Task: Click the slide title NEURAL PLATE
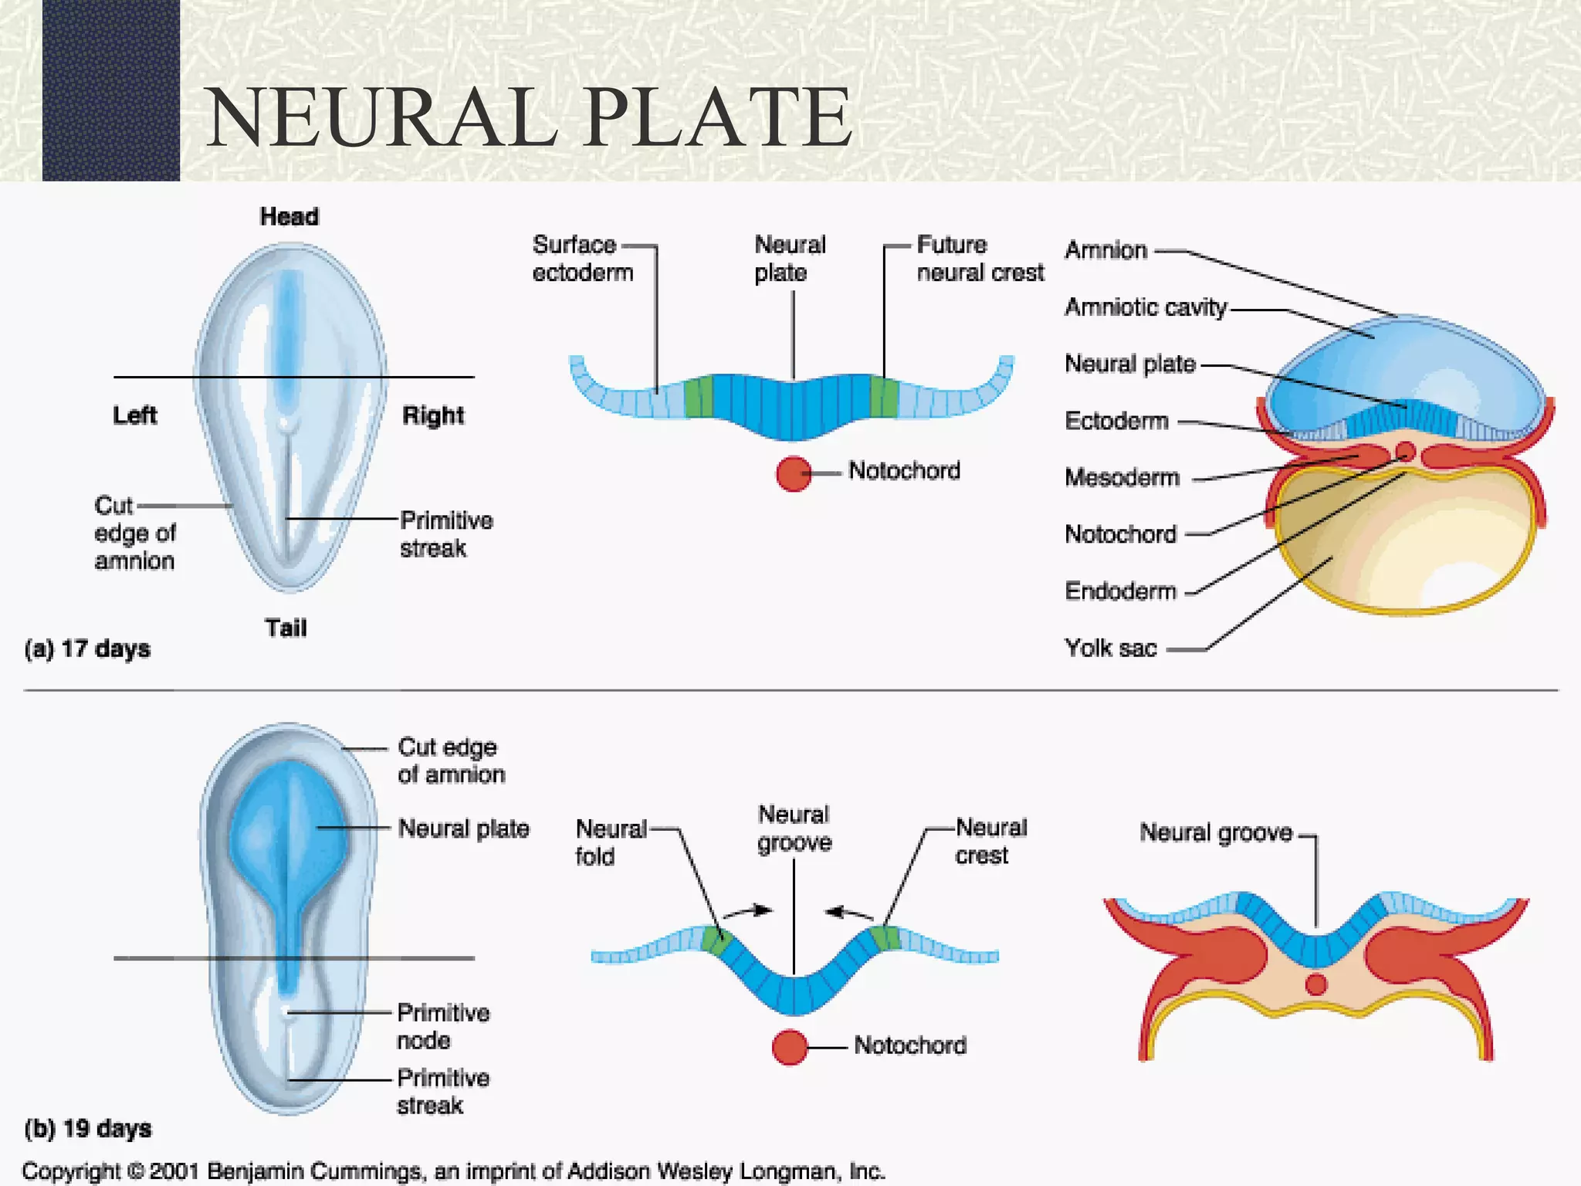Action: click(x=529, y=117)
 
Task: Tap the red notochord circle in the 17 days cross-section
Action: click(x=794, y=473)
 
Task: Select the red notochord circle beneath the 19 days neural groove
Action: click(x=790, y=1047)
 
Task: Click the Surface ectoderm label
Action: click(x=582, y=259)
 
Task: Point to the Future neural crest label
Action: click(x=979, y=259)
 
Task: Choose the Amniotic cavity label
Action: click(x=1145, y=307)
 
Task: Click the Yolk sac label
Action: click(x=1110, y=648)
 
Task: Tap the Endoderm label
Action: click(x=1120, y=591)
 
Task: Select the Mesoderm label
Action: click(x=1122, y=478)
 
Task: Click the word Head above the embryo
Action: click(x=289, y=217)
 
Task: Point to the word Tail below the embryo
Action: click(x=286, y=628)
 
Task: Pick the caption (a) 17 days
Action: click(x=87, y=649)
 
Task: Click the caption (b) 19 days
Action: click(x=88, y=1129)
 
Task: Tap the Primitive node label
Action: click(x=443, y=1026)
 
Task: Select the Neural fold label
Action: click(x=610, y=842)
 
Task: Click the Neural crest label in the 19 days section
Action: click(x=990, y=842)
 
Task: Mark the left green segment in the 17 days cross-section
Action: click(x=699, y=397)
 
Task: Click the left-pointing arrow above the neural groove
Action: click(x=848, y=913)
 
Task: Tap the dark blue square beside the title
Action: click(x=110, y=90)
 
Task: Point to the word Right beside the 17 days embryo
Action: click(x=433, y=415)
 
